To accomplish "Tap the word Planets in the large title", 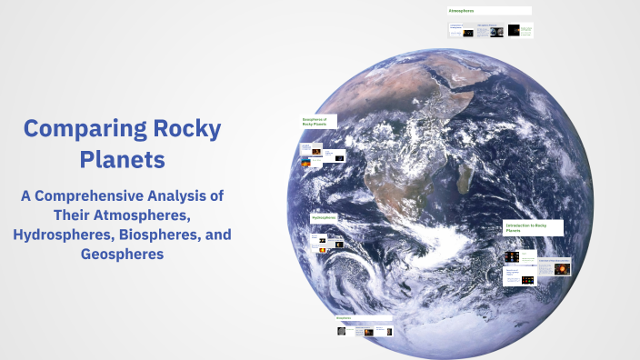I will pyautogui.click(x=122, y=160).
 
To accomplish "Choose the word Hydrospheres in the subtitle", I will pyautogui.click(x=57, y=235).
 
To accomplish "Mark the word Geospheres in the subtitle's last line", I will pyautogui.click(x=122, y=255).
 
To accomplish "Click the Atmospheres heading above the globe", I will pyautogui.click(x=462, y=11).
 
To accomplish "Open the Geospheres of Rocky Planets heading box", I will pyautogui.click(x=317, y=121).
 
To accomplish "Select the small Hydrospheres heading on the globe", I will pyautogui.click(x=324, y=218).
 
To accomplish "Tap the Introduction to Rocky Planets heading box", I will pyautogui.click(x=533, y=228).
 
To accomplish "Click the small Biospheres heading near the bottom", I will pyautogui.click(x=344, y=318).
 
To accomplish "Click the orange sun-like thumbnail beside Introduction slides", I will pyautogui.click(x=561, y=269).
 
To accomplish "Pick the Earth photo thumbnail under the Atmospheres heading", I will pyautogui.click(x=496, y=32).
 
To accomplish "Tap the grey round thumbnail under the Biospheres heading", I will pyautogui.click(x=341, y=332).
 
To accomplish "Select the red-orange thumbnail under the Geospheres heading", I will pyautogui.click(x=316, y=150).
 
